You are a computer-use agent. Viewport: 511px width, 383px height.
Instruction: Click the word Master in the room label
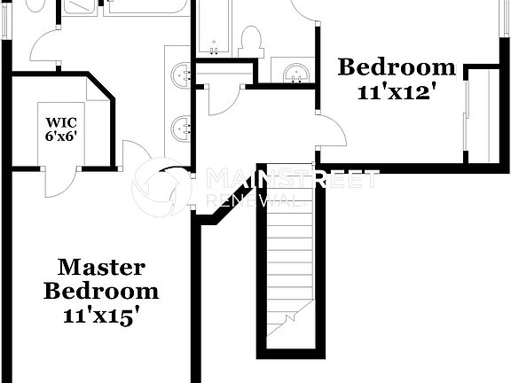101,267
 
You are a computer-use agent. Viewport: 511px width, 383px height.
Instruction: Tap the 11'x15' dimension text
102,314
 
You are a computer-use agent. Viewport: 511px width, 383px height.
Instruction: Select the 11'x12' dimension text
397,90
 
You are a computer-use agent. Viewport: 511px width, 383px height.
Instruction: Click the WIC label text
63,121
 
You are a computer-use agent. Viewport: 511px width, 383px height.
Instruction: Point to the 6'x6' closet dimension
63,137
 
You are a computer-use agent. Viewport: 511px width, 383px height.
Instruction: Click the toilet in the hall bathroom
251,41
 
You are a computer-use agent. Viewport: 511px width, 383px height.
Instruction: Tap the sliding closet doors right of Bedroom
468,115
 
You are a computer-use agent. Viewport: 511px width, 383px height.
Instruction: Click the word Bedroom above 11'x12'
397,67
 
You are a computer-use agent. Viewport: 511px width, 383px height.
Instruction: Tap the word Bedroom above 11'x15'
101,291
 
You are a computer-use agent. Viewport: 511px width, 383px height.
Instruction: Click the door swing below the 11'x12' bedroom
332,130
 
